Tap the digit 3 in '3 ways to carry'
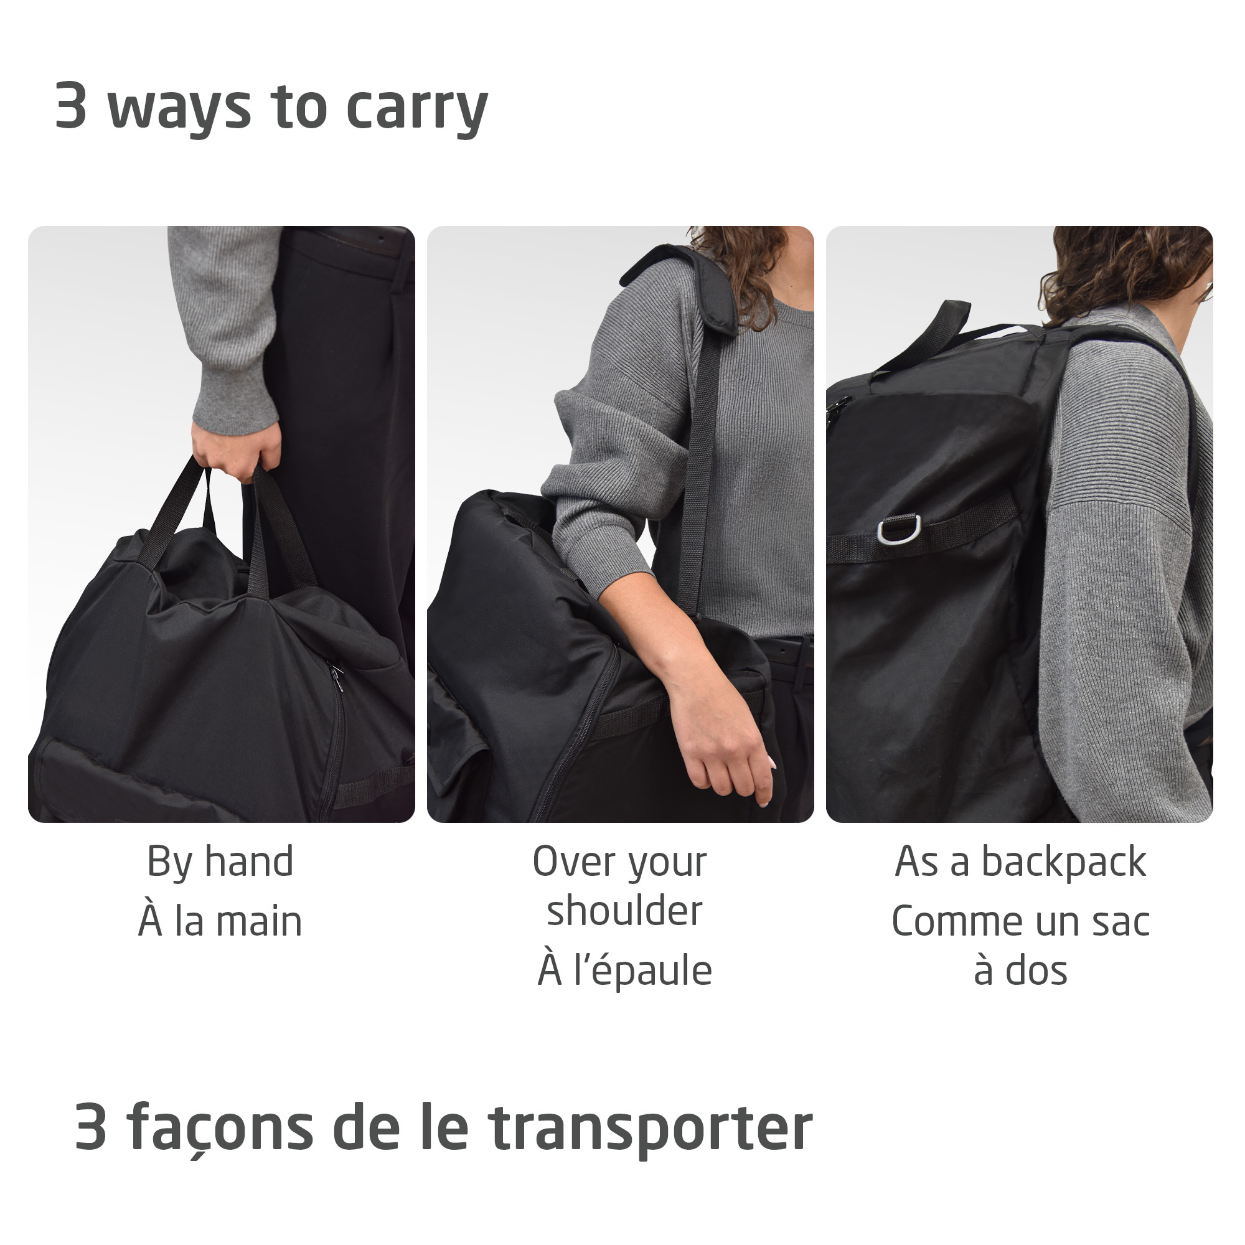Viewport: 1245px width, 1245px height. (71, 105)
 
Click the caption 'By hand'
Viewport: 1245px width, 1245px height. (220, 862)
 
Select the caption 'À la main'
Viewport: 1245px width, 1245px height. (220, 921)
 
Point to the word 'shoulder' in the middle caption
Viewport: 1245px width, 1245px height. (624, 911)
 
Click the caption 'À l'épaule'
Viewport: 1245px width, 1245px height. (624, 970)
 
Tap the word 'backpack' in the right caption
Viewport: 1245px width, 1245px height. (1063, 862)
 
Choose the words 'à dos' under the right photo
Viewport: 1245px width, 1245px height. (1020, 970)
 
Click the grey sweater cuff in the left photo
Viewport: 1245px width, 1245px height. (235, 406)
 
